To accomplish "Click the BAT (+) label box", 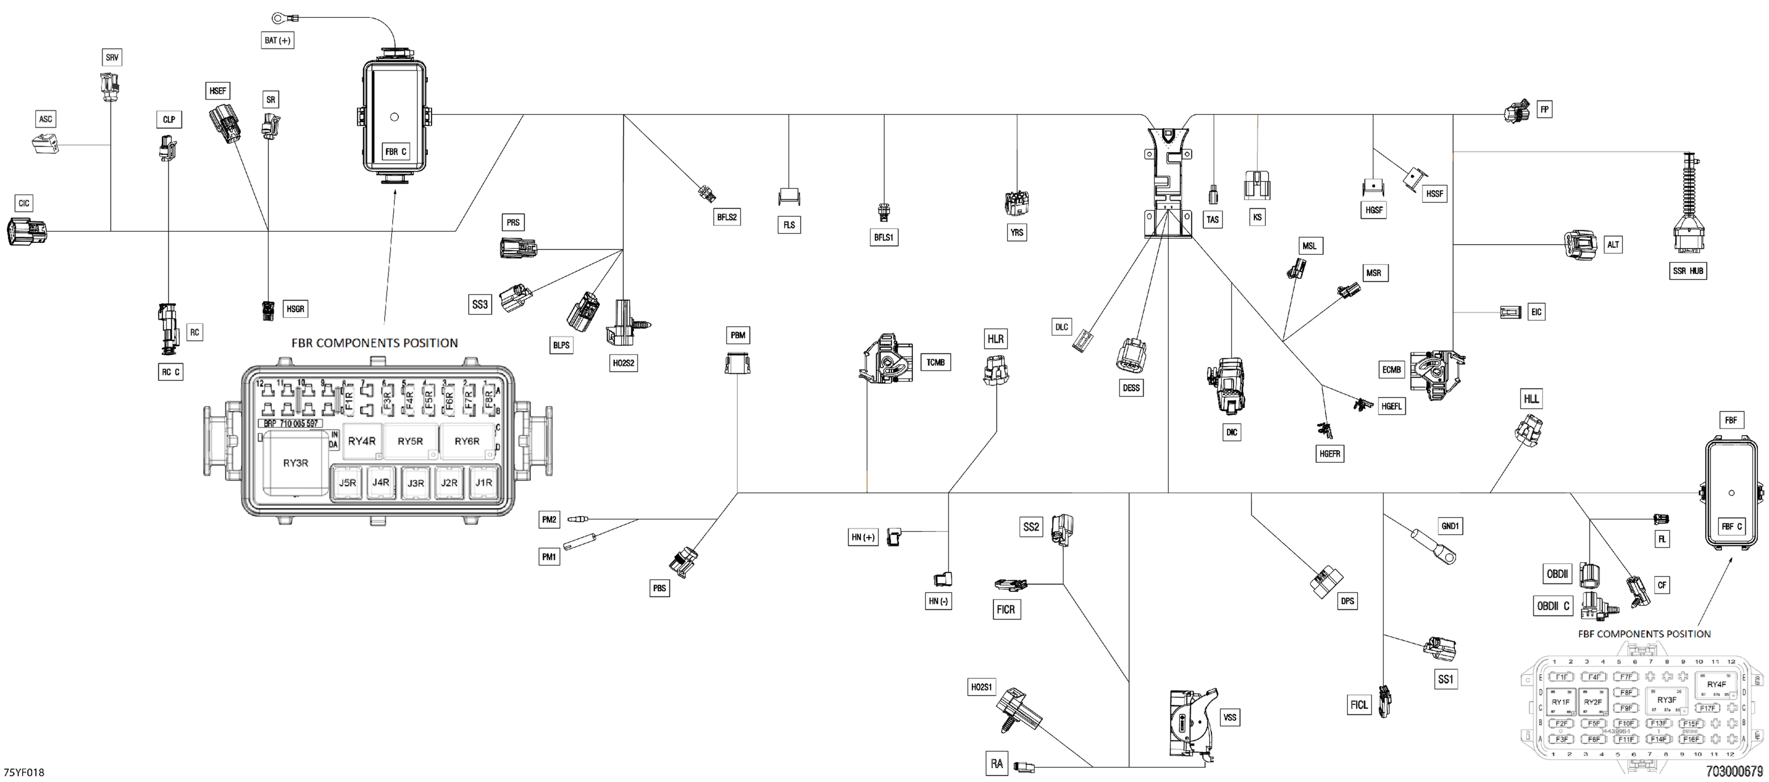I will click(x=277, y=40).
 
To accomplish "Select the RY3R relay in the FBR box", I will click(x=295, y=463).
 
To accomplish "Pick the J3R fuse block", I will click(x=415, y=483).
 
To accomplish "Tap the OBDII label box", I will click(x=1557, y=574).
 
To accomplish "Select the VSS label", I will click(x=1229, y=718).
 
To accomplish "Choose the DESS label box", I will click(x=1130, y=388).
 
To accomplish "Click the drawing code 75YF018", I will click(x=24, y=772).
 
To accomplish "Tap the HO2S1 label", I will click(x=982, y=687).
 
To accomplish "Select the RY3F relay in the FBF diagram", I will click(x=1667, y=700).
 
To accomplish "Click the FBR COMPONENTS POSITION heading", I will click(x=374, y=343).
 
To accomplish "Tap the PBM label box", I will click(x=737, y=335).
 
